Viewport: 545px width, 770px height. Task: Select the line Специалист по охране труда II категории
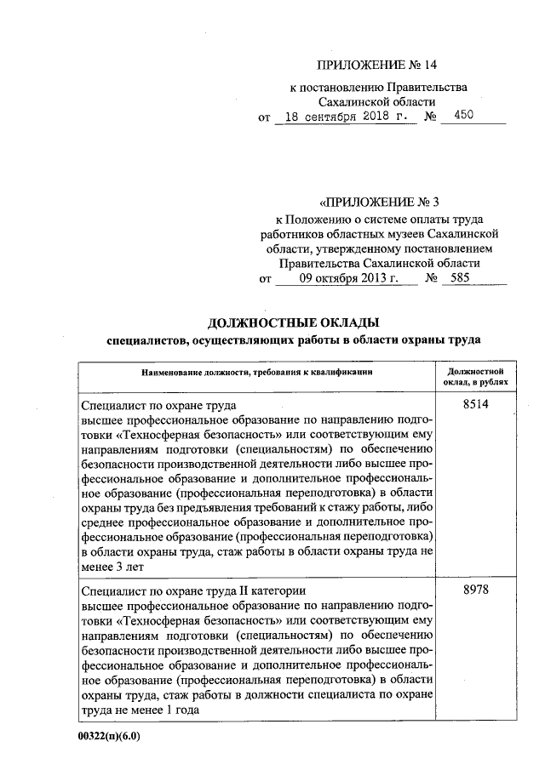tap(189, 590)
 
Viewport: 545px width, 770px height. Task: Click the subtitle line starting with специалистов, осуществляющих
tap(293, 340)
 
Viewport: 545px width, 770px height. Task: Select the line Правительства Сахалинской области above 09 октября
tap(380, 263)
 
